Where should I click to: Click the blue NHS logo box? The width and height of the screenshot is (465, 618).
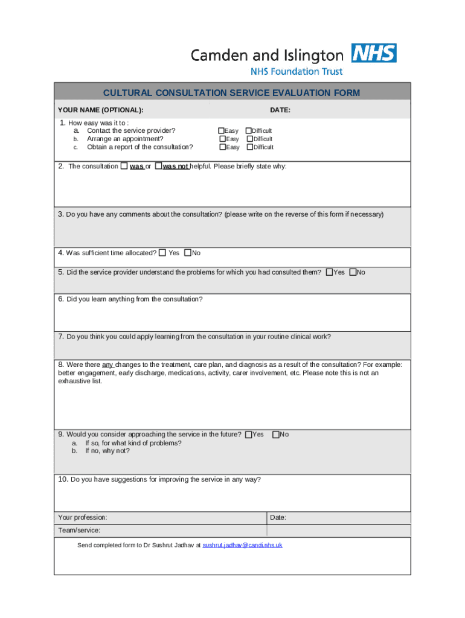click(x=374, y=53)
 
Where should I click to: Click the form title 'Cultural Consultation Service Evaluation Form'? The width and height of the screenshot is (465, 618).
click(x=231, y=93)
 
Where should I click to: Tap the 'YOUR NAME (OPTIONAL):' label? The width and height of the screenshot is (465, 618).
click(x=100, y=110)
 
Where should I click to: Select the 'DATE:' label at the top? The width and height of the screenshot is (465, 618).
click(x=280, y=110)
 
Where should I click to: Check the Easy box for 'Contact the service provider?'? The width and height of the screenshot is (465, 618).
click(x=221, y=130)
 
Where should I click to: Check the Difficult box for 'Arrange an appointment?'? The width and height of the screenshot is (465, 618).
click(x=249, y=139)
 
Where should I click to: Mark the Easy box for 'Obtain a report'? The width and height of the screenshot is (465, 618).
click(x=222, y=147)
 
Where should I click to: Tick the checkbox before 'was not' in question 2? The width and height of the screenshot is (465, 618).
click(x=158, y=166)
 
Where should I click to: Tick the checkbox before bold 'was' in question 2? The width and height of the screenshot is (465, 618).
click(x=124, y=166)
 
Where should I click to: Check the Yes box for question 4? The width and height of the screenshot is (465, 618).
click(x=162, y=252)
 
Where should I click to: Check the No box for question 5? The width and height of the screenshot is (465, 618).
click(x=353, y=272)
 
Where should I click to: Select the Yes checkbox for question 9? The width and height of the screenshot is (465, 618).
click(x=248, y=435)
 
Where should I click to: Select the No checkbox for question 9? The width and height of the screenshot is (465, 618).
click(x=275, y=435)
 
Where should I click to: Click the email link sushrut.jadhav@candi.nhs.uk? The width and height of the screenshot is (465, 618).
click(x=242, y=545)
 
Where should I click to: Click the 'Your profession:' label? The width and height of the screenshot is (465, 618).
click(x=83, y=517)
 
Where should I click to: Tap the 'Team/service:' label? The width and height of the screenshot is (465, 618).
click(x=79, y=530)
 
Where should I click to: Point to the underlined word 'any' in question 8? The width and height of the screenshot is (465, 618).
click(x=107, y=365)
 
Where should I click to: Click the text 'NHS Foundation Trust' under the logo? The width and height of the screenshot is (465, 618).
click(x=297, y=71)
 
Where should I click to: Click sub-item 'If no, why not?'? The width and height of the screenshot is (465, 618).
click(x=107, y=451)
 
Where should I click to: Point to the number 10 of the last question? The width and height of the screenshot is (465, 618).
click(x=63, y=479)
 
